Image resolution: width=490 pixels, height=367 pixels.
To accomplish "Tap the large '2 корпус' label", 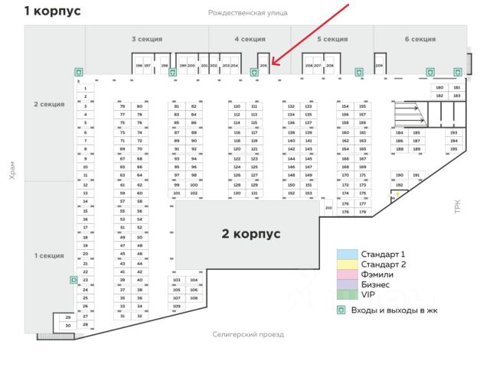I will coord(251,233).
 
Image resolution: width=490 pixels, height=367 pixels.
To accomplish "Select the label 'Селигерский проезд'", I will coord(247,335).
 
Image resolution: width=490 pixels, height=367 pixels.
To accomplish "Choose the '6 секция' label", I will coord(420,39).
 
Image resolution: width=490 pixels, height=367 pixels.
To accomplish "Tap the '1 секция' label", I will coord(48,255).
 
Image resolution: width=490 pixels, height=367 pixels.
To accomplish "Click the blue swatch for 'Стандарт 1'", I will coord(348,254).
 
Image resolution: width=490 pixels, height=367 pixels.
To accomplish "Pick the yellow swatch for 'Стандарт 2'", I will coord(348,264).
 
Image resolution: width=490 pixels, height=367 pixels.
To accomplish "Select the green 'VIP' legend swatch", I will coord(348,294).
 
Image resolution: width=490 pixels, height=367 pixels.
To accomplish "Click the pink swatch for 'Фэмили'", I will coord(348,274).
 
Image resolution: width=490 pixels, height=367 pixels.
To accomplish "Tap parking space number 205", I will coord(263,66).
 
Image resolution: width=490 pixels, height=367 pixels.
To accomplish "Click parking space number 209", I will coord(379,66).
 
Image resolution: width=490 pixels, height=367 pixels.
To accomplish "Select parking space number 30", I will coord(67,326).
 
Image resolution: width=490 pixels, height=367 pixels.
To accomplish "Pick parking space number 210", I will coord(328,208).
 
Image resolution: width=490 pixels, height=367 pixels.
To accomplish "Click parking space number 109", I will coord(176,306).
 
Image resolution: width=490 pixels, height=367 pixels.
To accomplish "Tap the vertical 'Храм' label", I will coord(12,175).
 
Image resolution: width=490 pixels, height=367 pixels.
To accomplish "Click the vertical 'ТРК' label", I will coord(458,206).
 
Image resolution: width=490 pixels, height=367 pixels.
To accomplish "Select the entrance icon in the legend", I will coord(342,310).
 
